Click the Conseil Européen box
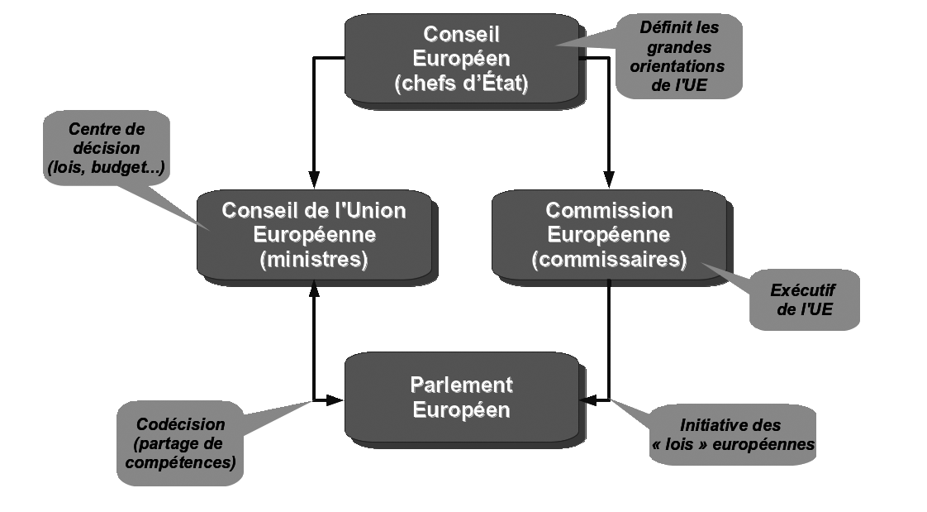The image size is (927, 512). (461, 58)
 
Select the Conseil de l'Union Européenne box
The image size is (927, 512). (314, 234)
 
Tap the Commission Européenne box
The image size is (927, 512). (609, 234)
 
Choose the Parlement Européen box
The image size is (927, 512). (461, 396)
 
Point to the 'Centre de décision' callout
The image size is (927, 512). (106, 149)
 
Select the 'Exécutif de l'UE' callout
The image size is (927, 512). (803, 300)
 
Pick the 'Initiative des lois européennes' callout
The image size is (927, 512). (730, 435)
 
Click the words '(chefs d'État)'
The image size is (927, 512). (461, 83)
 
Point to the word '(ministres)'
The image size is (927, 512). (314, 259)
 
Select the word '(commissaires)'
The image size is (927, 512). (609, 259)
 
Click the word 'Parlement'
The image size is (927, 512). (461, 385)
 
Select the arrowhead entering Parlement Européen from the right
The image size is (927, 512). (588, 400)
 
